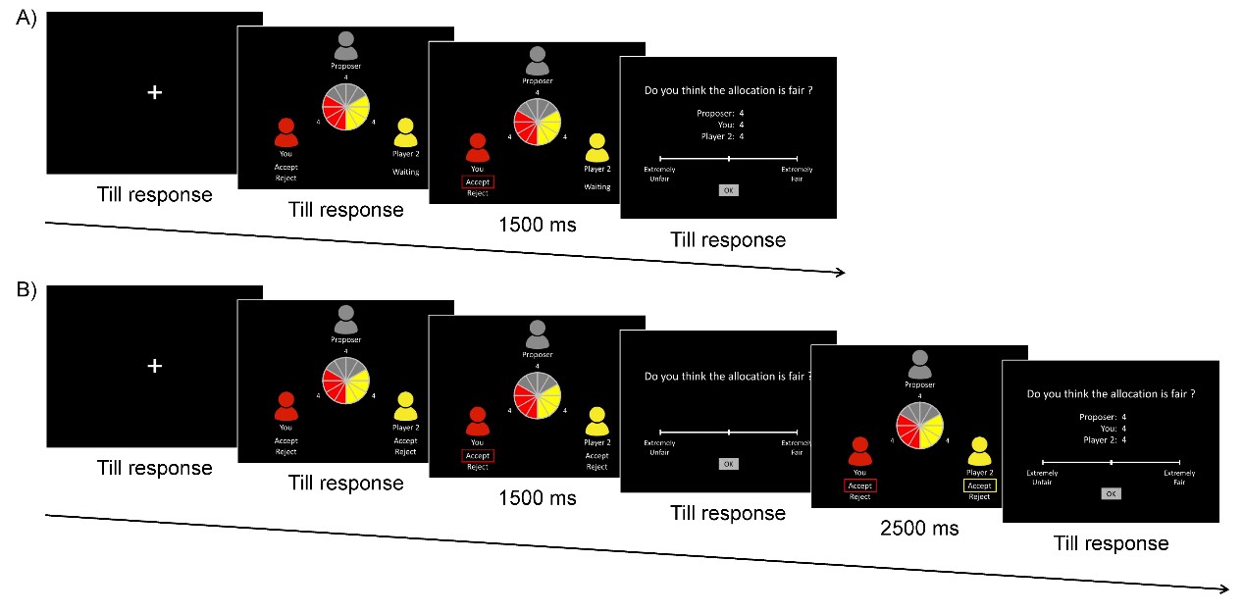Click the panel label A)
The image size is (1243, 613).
click(x=26, y=19)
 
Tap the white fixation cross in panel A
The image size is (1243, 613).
click(x=154, y=92)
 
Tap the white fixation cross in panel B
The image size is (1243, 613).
click(x=154, y=365)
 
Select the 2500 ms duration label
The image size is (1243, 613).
click(x=919, y=529)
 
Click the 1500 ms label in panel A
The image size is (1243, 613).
click(x=537, y=225)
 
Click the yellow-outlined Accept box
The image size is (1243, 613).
click(x=979, y=485)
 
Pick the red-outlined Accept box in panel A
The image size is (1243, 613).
click(x=478, y=181)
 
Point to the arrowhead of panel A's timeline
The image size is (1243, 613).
click(x=841, y=273)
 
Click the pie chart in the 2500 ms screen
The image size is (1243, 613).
click(x=919, y=426)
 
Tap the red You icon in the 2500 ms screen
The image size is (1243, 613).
click(x=860, y=452)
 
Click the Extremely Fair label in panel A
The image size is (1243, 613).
click(x=797, y=174)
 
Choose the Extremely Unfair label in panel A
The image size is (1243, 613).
click(x=659, y=174)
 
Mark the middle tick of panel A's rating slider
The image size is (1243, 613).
click(x=728, y=158)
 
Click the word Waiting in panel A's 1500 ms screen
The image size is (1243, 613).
click(x=596, y=186)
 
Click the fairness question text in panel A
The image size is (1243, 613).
click(x=728, y=91)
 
